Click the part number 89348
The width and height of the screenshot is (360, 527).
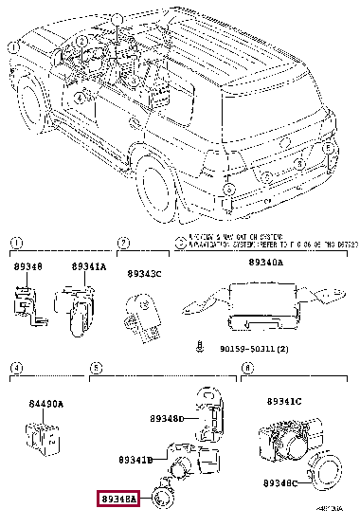(28, 267)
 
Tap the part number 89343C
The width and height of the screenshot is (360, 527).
(145, 275)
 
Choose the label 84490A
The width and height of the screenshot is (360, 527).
(45, 403)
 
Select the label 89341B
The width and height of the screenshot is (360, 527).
(135, 460)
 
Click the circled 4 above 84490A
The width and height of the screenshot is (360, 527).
(16, 366)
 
